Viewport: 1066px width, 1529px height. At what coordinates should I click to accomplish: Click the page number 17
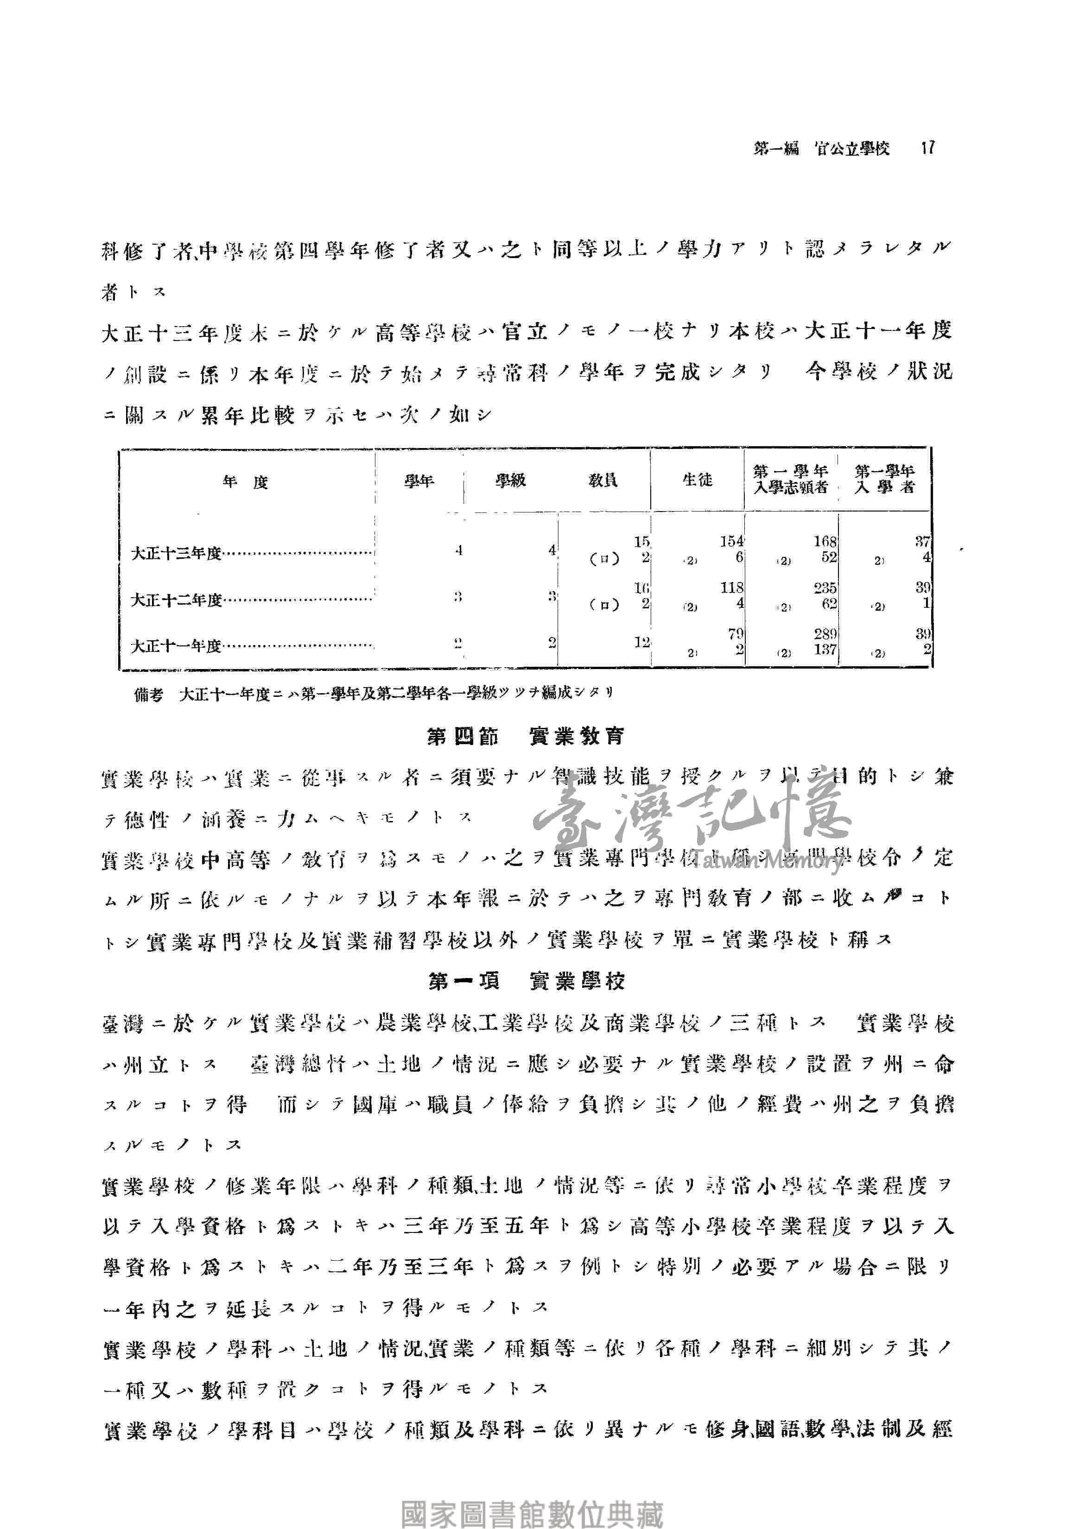(x=927, y=148)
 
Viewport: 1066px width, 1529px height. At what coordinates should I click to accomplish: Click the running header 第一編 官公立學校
(x=821, y=148)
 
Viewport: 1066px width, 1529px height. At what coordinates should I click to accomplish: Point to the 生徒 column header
(x=697, y=480)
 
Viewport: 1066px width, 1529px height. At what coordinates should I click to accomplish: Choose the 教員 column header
(x=603, y=480)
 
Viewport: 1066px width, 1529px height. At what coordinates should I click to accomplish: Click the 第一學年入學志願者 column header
(x=790, y=480)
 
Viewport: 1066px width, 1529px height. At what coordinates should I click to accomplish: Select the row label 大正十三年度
(x=176, y=553)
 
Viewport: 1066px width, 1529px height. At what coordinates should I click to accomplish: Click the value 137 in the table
(x=825, y=649)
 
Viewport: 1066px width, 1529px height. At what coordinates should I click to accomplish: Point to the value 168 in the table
(x=825, y=542)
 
